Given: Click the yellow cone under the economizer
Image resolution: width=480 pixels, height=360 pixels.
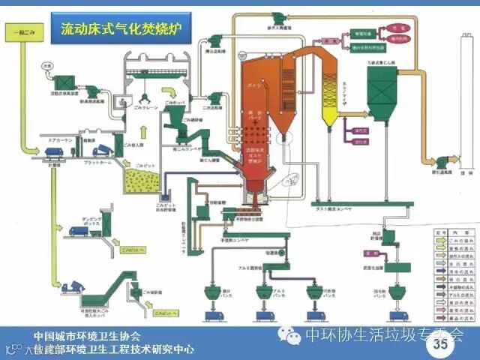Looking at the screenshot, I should [328, 114].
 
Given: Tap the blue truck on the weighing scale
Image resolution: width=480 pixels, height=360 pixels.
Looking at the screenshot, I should [54, 151].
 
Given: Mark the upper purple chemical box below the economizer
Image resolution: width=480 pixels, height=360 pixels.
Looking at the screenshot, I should [361, 130].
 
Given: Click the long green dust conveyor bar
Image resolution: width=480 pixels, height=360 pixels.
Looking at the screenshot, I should [352, 203].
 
